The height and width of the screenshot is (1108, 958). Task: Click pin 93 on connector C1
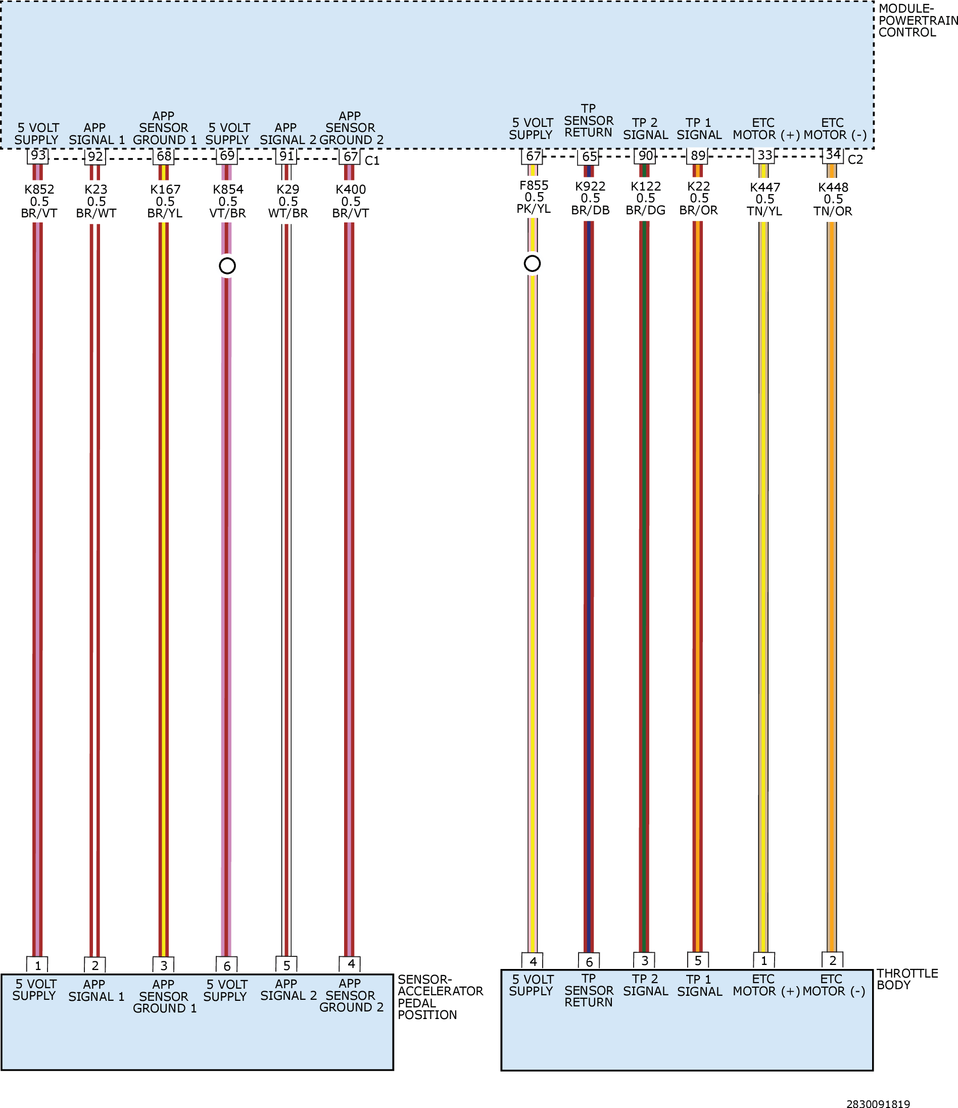[x=38, y=156]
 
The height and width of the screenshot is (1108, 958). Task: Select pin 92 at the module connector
[x=95, y=157]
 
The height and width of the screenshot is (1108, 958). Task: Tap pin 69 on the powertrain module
[x=227, y=156]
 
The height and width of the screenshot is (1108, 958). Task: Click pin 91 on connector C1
[x=286, y=156]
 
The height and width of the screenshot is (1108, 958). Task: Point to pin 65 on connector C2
[x=589, y=157]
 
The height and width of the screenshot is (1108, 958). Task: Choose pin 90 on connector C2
[x=646, y=156]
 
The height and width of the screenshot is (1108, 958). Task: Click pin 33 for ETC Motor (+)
[x=764, y=155]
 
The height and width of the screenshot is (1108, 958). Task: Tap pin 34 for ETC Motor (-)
[x=833, y=155]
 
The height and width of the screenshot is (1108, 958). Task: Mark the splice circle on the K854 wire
[x=227, y=266]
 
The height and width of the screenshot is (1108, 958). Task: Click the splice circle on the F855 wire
[x=532, y=263]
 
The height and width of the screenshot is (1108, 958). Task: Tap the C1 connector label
[x=372, y=160]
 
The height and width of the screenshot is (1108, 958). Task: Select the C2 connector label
[x=855, y=159]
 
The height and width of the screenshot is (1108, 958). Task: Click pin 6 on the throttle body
[x=589, y=962]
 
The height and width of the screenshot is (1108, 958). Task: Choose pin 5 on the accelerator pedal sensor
[x=286, y=966]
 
